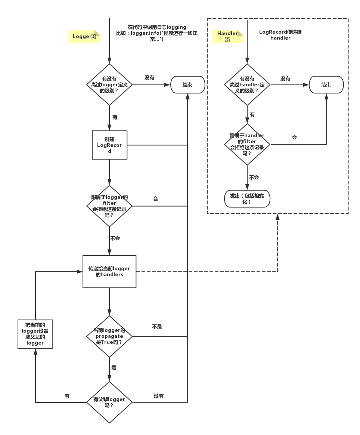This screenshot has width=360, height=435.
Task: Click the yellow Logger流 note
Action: click(85, 37)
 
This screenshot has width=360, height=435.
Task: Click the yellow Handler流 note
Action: click(228, 37)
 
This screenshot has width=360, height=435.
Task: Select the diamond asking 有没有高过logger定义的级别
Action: click(109, 85)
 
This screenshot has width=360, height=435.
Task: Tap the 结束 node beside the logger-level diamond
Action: click(187, 85)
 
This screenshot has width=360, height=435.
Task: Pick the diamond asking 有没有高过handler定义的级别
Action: click(247, 85)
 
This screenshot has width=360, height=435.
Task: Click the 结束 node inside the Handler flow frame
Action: click(326, 85)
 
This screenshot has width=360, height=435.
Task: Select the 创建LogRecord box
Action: click(109, 145)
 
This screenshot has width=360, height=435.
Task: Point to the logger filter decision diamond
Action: click(109, 206)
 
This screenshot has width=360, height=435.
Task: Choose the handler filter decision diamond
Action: click(247, 144)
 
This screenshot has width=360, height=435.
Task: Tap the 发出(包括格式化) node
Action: click(247, 199)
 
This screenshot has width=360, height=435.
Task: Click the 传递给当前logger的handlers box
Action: click(109, 272)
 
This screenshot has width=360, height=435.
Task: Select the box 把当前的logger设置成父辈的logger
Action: click(35, 334)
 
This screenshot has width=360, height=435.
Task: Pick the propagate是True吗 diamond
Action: click(109, 336)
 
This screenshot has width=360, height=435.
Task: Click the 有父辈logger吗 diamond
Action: click(109, 402)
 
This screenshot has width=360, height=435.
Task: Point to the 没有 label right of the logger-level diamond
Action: click(149, 78)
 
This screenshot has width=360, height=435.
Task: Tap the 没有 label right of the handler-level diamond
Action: click(285, 78)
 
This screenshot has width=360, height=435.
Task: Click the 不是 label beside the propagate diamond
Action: click(157, 326)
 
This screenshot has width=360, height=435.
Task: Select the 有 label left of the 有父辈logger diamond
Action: click(67, 395)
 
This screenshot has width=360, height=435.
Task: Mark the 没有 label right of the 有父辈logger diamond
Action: click(158, 395)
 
